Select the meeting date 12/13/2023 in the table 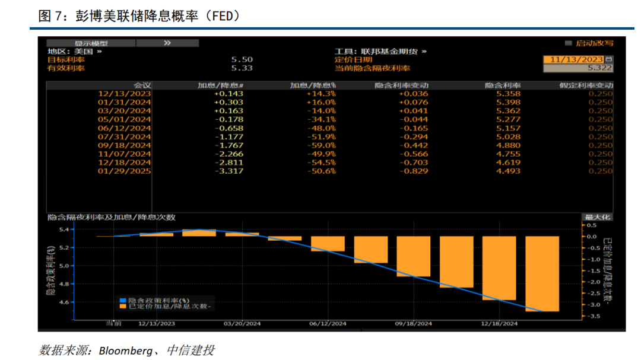pyautogui.click(x=125, y=94)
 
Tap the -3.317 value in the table pyautogui.click(x=229, y=171)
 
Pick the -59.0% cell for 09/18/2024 pyautogui.click(x=322, y=145)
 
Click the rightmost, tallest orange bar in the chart pyautogui.click(x=542, y=273)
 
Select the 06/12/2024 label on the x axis pyautogui.click(x=328, y=324)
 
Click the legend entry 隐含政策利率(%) pyautogui.click(x=151, y=300)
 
